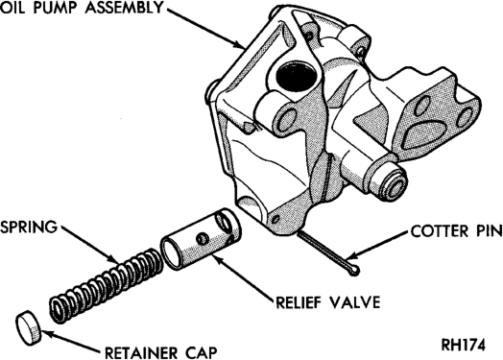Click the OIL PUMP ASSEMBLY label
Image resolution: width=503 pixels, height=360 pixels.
(x=82, y=8)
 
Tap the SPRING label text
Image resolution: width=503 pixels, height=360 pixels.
(x=29, y=228)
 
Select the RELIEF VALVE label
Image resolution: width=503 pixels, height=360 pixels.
(x=328, y=302)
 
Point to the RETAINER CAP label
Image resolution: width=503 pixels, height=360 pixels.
(x=161, y=353)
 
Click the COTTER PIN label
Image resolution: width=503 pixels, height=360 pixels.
(x=457, y=231)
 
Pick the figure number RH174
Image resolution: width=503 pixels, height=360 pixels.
(x=464, y=346)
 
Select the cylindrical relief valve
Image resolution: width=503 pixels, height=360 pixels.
(x=201, y=238)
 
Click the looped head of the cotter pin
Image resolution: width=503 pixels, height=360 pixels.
(x=355, y=271)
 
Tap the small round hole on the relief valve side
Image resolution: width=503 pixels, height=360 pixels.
(x=203, y=238)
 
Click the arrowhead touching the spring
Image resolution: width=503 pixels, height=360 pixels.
(x=112, y=259)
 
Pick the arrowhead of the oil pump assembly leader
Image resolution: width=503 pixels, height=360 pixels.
(x=240, y=45)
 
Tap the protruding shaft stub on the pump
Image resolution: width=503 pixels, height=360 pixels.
(x=391, y=180)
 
